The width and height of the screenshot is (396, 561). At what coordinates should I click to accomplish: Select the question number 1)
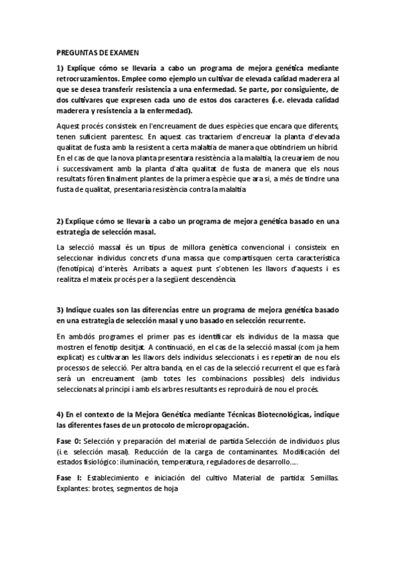pyautogui.click(x=60, y=68)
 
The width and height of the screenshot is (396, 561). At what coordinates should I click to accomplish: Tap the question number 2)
pyautogui.click(x=60, y=220)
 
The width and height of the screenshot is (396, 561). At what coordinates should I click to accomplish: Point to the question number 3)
pyautogui.click(x=60, y=310)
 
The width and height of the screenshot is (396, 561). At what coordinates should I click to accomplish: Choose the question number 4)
pyautogui.click(x=60, y=414)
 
